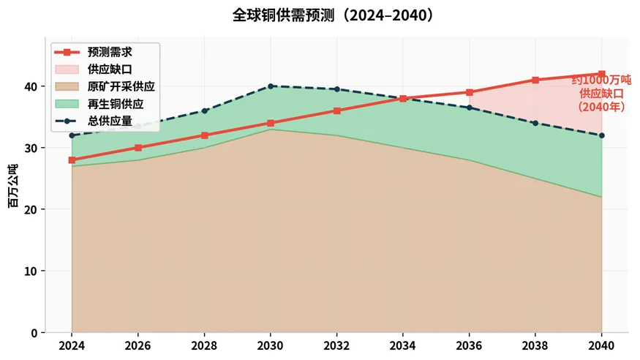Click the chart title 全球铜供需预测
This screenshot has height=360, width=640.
pyautogui.click(x=283, y=15)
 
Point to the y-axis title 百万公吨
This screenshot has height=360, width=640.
pyautogui.click(x=13, y=186)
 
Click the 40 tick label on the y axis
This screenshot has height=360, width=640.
pyautogui.click(x=31, y=86)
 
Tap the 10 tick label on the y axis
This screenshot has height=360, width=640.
pyautogui.click(x=31, y=271)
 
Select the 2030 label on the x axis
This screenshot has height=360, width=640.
pyautogui.click(x=270, y=345)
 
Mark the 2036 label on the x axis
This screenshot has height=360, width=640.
pyautogui.click(x=469, y=345)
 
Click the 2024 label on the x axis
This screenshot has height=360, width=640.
pyautogui.click(x=72, y=345)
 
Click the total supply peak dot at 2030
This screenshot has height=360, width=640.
pyautogui.click(x=271, y=86)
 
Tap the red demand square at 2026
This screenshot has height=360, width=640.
pyautogui.click(x=138, y=148)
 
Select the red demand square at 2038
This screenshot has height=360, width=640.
pyautogui.click(x=535, y=80)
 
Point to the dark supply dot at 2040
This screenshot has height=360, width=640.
pyautogui.click(x=602, y=135)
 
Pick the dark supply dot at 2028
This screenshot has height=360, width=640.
pyautogui.click(x=205, y=111)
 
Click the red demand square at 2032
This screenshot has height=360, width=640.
pyautogui.click(x=336, y=110)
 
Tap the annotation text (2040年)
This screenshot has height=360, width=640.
pyautogui.click(x=602, y=107)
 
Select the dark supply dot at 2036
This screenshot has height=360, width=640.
pyautogui.click(x=470, y=108)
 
